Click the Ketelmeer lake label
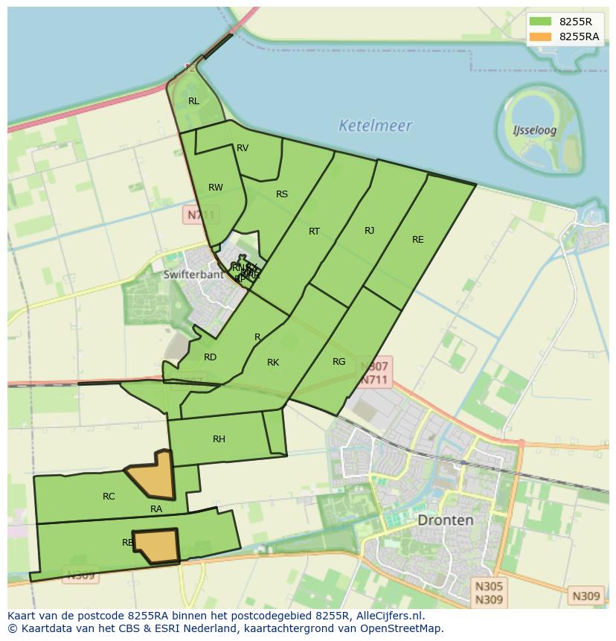(x=375, y=126)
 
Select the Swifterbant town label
(x=193, y=274)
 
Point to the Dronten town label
(x=445, y=520)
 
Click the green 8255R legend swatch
(x=541, y=21)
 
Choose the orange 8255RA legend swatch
(x=541, y=36)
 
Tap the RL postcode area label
(x=193, y=101)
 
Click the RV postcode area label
(x=243, y=148)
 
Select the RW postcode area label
(x=216, y=188)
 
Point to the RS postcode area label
(x=282, y=194)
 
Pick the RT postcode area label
(x=314, y=232)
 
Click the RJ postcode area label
(x=370, y=231)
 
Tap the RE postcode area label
(x=418, y=240)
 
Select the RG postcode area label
(x=339, y=362)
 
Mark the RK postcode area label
(x=273, y=363)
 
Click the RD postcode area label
(x=210, y=357)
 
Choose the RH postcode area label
(x=219, y=439)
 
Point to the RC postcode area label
(x=109, y=497)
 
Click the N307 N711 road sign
(x=374, y=373)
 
